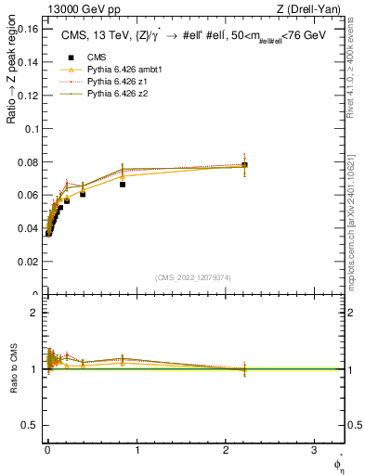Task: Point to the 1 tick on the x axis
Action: (137, 450)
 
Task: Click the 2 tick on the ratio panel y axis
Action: (33, 313)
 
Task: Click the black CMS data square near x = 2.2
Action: (244, 165)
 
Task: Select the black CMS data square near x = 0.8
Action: (123, 184)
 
